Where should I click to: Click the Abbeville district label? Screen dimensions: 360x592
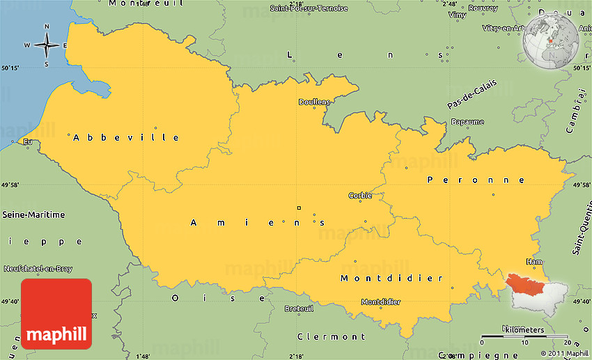126,137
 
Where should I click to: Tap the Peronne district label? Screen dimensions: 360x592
476,180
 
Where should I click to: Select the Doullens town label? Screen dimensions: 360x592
314,102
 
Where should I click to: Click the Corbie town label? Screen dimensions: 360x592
360,196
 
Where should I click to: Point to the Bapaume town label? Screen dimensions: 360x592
467,122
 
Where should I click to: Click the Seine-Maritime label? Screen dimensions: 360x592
34,214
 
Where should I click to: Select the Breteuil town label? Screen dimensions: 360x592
299,308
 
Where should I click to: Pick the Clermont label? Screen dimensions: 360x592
327,336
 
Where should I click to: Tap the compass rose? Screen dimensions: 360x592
47,45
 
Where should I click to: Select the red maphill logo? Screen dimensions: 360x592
56,313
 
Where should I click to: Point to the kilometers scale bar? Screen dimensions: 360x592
525,336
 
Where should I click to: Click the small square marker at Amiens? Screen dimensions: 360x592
299,208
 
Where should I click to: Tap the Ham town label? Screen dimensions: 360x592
534,262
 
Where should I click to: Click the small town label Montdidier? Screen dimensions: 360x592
380,302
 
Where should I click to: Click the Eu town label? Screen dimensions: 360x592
27,142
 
